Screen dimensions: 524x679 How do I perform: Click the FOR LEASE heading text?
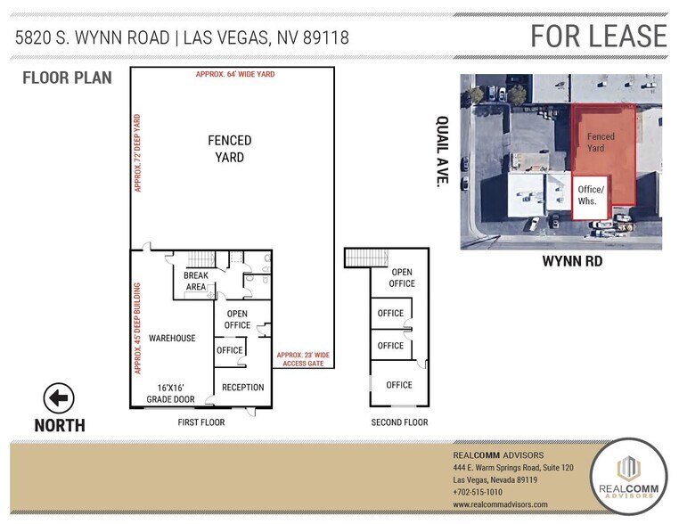pos(598,36)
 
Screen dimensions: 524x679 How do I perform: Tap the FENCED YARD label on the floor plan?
pos(230,149)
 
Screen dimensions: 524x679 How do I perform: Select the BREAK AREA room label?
pos(195,282)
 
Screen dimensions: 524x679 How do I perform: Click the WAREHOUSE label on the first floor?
pos(172,339)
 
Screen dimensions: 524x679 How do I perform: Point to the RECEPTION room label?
pos(242,388)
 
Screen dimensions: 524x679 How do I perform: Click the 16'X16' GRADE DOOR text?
pos(172,393)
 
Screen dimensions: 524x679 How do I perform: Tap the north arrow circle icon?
pos(59,398)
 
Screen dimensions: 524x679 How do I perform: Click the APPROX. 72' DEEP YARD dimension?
pos(138,152)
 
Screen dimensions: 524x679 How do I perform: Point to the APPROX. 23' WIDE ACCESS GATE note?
pos(304,361)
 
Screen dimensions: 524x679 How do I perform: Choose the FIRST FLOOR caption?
pos(200,422)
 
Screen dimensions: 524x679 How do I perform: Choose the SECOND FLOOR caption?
pos(399,422)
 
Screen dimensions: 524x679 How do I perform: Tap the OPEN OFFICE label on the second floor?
pos(402,278)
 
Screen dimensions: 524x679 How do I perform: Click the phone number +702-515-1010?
pos(478,492)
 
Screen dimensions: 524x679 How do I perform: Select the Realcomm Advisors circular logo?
pos(628,476)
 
